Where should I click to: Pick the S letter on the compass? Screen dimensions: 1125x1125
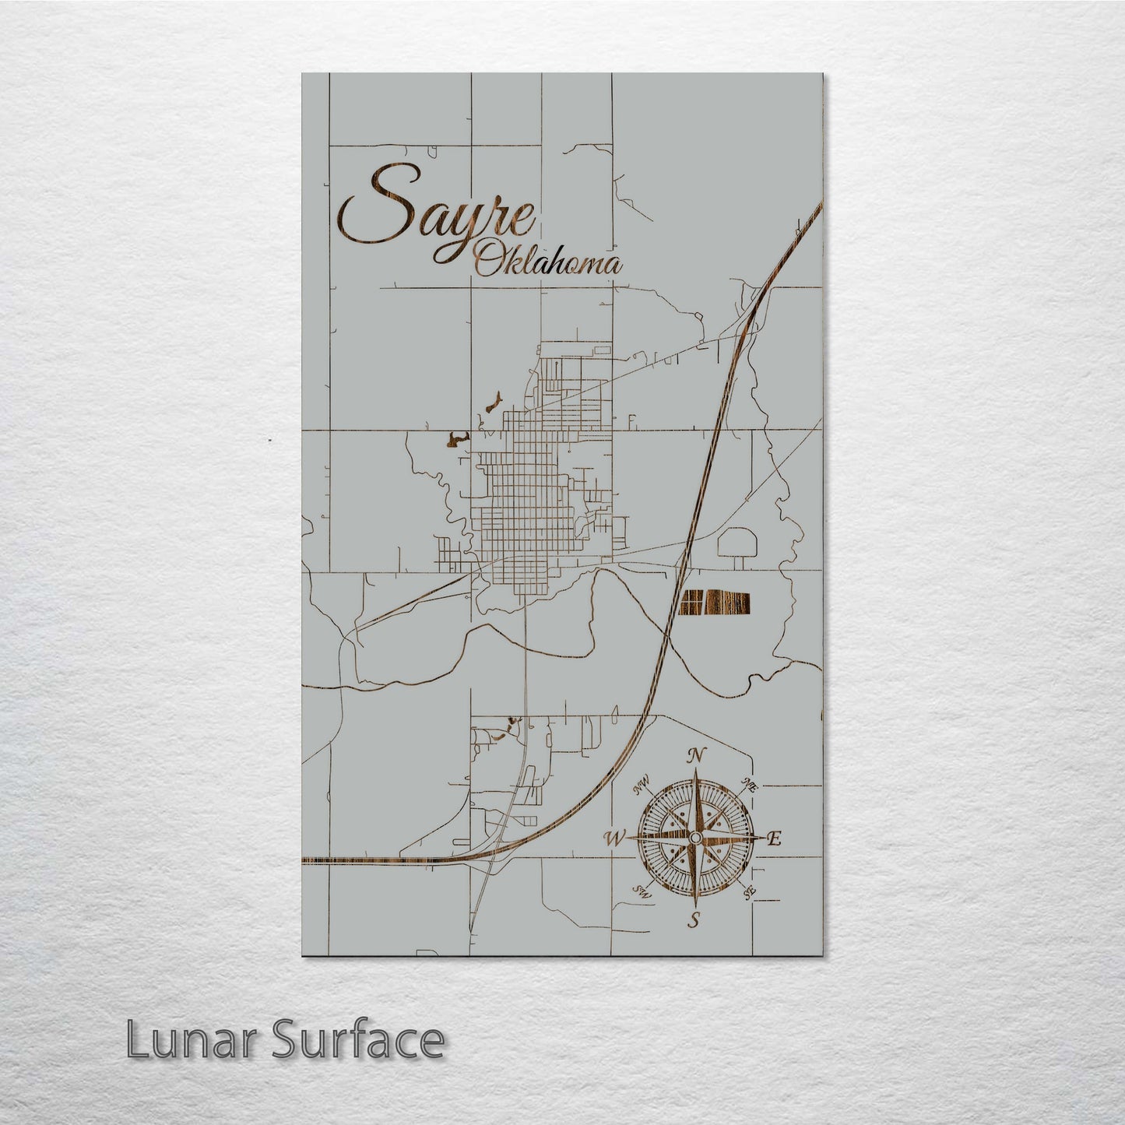coord(692,920)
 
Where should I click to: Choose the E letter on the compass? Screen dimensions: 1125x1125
coord(774,839)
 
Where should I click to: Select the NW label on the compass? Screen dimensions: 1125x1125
coord(642,789)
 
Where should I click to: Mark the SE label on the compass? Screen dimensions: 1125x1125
coord(750,891)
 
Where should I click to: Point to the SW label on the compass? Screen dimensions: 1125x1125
coord(642,891)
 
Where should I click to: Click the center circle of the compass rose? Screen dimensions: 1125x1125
coord(694,837)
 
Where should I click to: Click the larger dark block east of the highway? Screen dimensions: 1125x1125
coord(732,602)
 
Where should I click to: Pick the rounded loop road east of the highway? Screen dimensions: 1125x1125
coord(736,543)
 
